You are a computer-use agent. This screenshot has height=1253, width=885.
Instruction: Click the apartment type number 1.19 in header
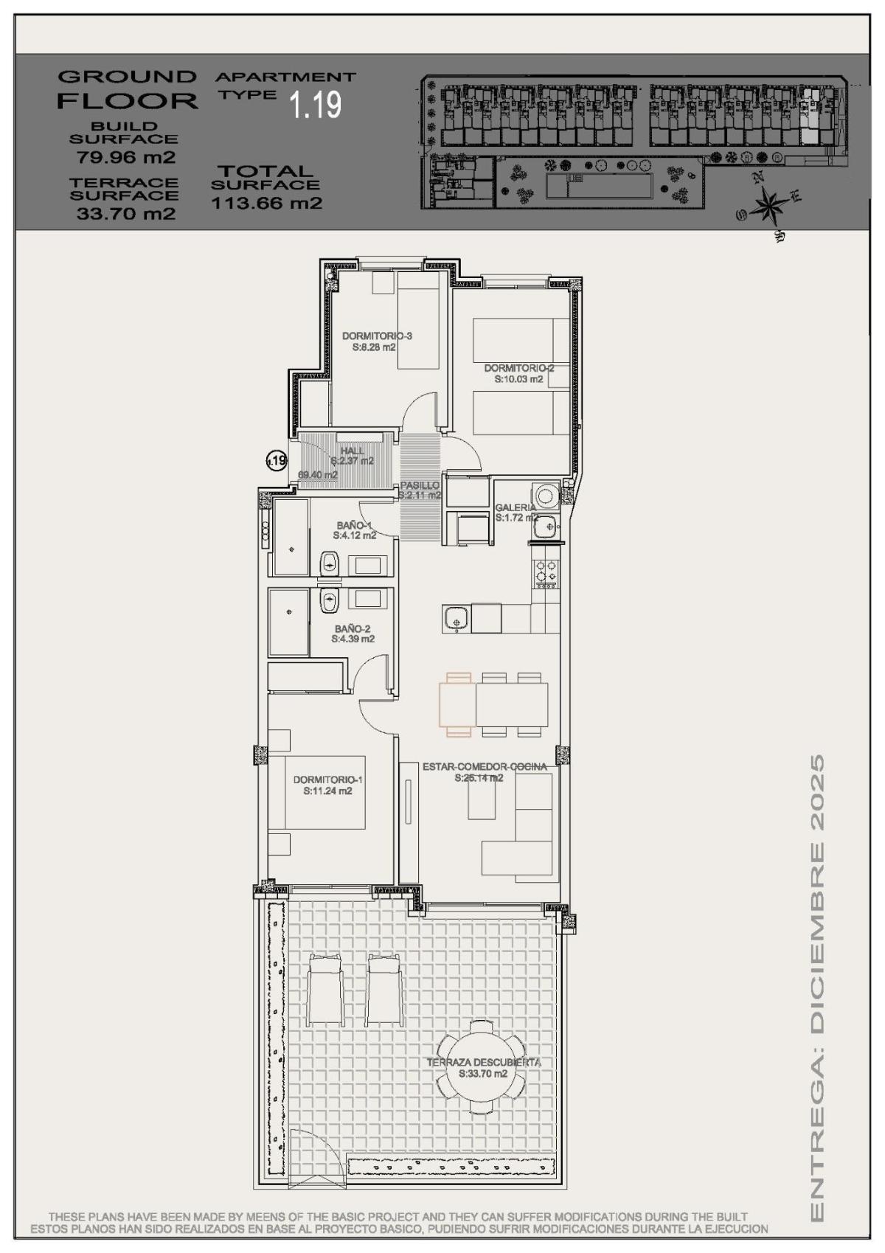(x=316, y=104)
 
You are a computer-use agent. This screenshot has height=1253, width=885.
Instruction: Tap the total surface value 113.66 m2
(x=267, y=204)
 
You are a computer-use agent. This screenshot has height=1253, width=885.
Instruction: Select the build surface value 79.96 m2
(x=125, y=157)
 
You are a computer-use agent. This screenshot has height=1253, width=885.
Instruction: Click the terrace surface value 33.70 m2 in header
(x=125, y=214)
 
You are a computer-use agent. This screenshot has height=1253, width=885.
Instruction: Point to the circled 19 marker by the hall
(x=277, y=462)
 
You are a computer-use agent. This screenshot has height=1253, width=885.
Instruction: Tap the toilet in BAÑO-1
(x=329, y=564)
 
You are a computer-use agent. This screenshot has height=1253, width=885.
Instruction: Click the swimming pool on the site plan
(x=598, y=186)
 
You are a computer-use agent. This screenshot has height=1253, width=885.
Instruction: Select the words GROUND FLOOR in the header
(x=128, y=88)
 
